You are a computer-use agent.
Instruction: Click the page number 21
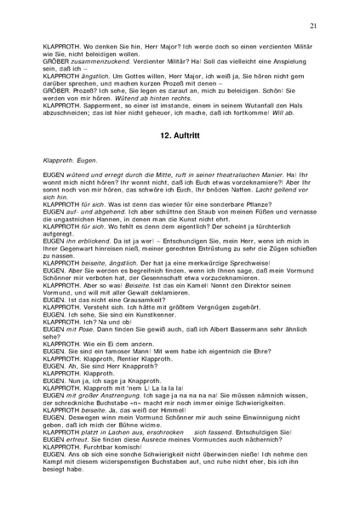(314, 26)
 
